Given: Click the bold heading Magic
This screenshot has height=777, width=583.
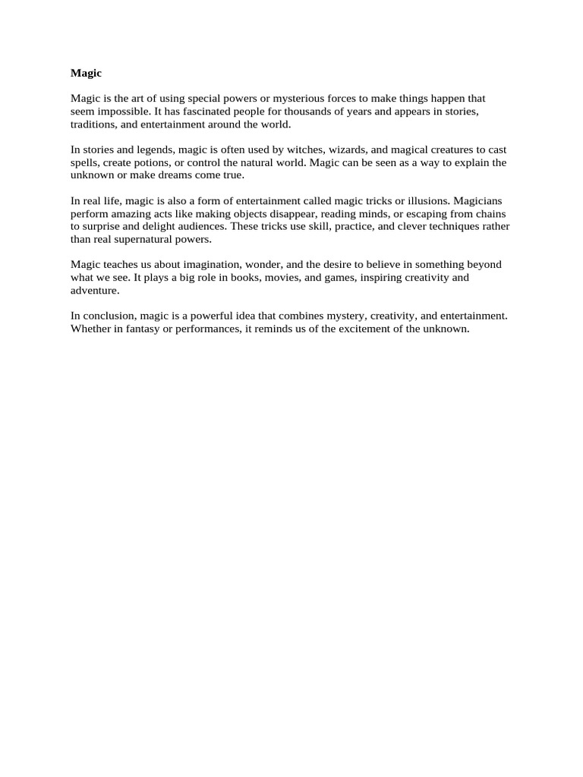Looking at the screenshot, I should pos(86,73).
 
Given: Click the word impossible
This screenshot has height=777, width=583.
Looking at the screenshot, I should pos(124,111).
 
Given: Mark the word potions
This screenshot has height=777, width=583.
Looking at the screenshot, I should pos(150,162).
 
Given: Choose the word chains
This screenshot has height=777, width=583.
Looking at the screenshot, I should pos(493,214).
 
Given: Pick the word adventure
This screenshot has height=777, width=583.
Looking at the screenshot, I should pos(95,291).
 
